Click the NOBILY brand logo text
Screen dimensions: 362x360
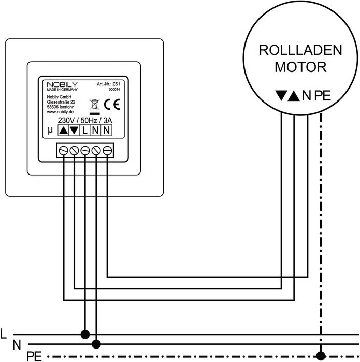tap(57, 84)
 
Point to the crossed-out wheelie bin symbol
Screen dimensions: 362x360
tap(94, 104)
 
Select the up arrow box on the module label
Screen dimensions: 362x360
tap(63, 131)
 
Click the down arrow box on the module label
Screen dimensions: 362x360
tap(74, 131)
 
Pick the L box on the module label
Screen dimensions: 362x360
tap(85, 131)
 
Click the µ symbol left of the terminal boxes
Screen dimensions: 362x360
tap(50, 131)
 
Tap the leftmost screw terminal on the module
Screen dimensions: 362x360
tap(64, 150)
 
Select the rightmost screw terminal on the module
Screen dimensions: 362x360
tap(107, 150)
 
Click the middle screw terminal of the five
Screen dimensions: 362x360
tap(85, 150)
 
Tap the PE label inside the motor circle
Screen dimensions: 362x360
tap(323, 95)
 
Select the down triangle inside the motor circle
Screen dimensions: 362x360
tap(281, 95)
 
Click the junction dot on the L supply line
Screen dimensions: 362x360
tap(85, 334)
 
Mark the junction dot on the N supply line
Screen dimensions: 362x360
tap(96, 343)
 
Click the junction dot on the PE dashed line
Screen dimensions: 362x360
tap(322, 355)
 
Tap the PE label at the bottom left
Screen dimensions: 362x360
tap(33, 356)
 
